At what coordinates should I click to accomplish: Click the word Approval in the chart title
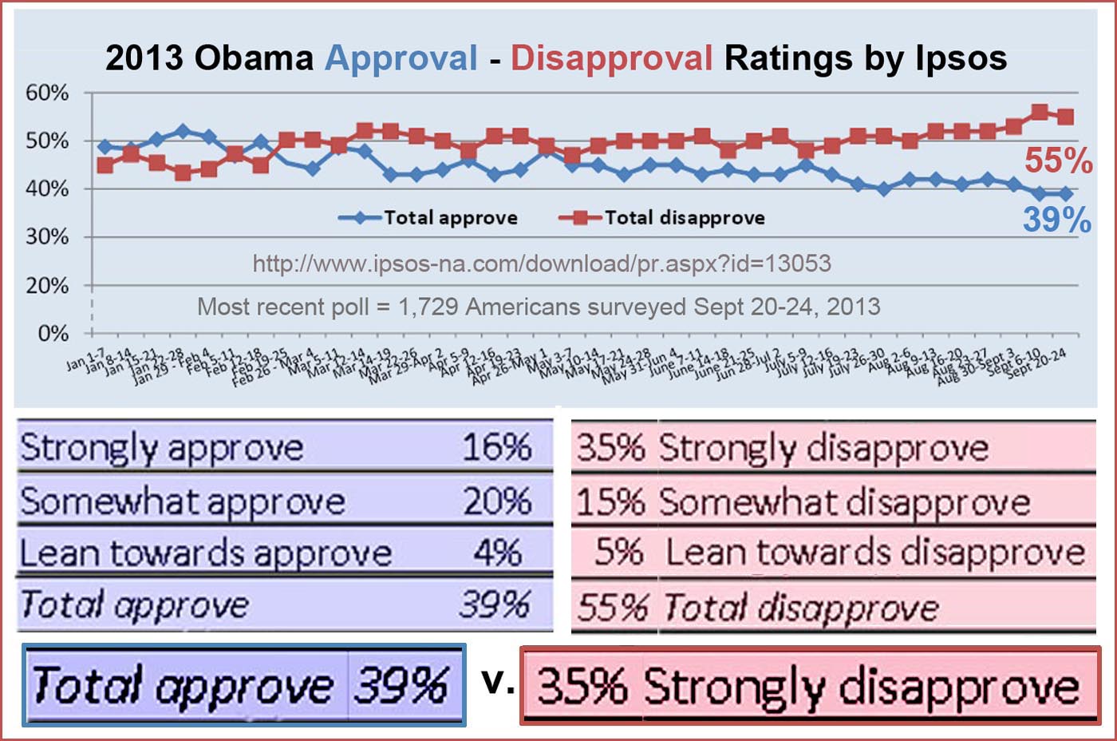coord(401,58)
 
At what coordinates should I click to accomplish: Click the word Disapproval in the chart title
coord(611,58)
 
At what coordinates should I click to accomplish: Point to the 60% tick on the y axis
coord(47,93)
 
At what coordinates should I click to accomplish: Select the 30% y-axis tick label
coord(47,237)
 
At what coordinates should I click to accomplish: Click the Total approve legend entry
coord(450,217)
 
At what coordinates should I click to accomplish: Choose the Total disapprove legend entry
coord(684,217)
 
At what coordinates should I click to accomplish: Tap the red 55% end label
coord(1058,161)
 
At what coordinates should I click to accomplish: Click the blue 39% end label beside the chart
coord(1057,220)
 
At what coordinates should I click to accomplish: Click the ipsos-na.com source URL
coord(542,264)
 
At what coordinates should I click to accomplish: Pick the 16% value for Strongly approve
coord(497,446)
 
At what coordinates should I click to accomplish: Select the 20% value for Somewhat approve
coord(497,501)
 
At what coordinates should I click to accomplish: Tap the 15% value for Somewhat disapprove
coord(610,502)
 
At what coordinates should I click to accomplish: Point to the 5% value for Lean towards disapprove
coord(619,553)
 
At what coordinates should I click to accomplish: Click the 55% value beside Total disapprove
coord(612,608)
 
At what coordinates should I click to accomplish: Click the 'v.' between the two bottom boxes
coord(498,681)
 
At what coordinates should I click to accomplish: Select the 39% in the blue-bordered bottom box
coord(401,685)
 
